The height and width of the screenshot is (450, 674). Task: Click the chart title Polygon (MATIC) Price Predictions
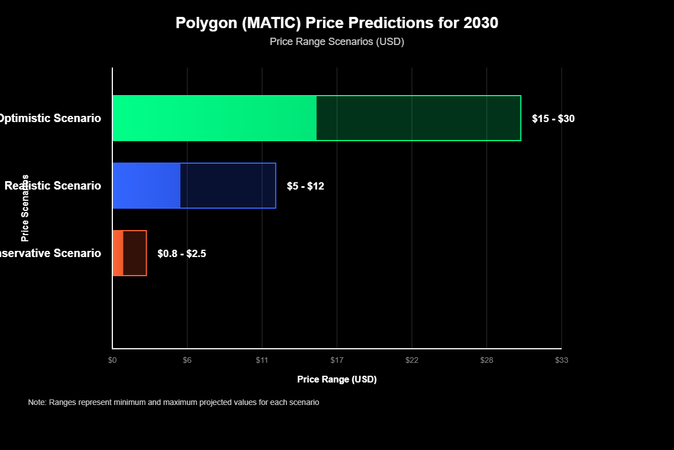337,23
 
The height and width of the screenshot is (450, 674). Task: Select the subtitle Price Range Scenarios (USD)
337,42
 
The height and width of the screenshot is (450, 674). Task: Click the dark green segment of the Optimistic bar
418,118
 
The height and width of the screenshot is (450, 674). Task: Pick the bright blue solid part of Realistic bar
147,186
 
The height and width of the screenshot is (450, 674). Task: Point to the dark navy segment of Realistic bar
227,186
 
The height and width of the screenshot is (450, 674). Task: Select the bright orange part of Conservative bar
118,253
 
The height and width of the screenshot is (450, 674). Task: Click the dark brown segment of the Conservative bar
135,253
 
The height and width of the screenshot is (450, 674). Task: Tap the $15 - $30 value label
553,119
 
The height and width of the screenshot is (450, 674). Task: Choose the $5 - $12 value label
306,186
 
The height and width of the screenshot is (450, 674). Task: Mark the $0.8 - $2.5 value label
182,254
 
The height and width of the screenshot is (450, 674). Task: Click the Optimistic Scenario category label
51,119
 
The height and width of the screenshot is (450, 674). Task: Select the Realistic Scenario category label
53,186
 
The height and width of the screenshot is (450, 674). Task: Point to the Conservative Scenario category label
51,254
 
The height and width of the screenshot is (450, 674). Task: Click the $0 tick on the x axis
112,360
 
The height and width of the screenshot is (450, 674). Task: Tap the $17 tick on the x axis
337,360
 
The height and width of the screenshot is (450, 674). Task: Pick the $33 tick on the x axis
562,360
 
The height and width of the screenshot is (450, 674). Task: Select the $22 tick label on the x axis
412,360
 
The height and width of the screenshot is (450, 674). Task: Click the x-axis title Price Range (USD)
337,380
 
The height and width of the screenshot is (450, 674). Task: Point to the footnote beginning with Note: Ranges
174,403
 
